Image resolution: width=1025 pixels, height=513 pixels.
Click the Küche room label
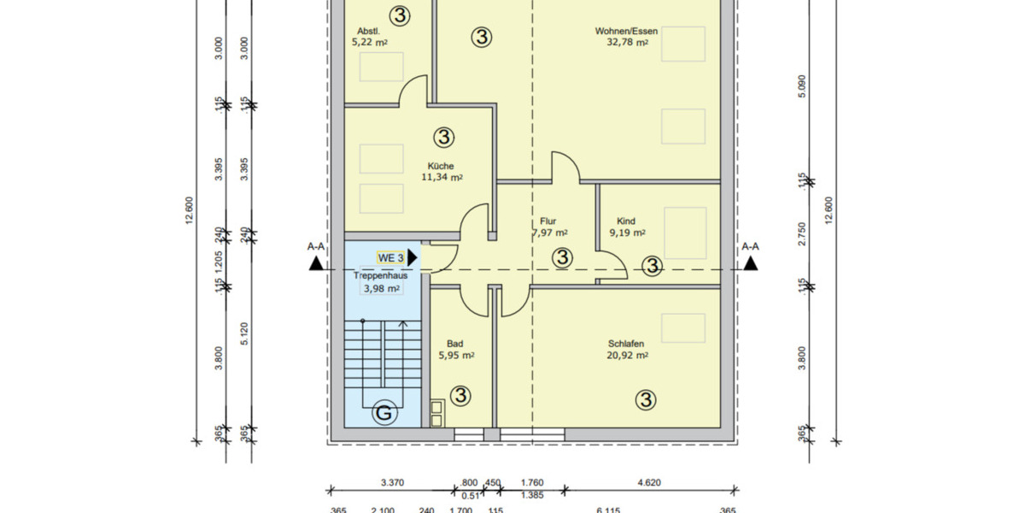click(442, 166)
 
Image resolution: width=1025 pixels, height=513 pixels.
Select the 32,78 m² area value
click(627, 41)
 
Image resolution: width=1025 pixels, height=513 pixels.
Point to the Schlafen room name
click(627, 344)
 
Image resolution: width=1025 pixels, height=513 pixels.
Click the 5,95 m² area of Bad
click(457, 355)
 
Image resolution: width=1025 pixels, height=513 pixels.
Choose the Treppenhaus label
click(381, 276)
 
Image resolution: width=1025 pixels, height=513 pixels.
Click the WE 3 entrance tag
click(390, 257)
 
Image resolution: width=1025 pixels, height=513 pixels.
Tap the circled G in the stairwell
click(384, 414)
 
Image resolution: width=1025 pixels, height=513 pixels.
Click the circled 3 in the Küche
click(443, 137)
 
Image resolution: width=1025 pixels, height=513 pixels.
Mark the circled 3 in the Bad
click(460, 395)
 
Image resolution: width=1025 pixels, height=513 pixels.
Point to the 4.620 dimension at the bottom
click(650, 482)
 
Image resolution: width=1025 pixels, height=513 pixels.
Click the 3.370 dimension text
click(391, 482)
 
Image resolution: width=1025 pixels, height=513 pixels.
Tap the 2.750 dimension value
click(800, 235)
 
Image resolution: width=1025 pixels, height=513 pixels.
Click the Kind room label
click(626, 221)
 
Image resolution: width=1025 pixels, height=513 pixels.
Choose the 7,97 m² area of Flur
click(550, 232)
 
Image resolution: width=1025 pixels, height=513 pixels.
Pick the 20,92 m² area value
click(627, 355)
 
